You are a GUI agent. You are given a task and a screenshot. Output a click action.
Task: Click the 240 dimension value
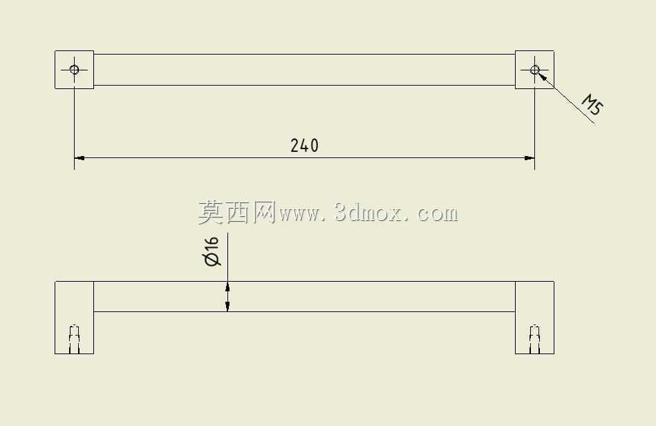pyautogui.click(x=304, y=146)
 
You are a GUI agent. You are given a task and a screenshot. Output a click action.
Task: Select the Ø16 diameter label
pyautogui.click(x=212, y=252)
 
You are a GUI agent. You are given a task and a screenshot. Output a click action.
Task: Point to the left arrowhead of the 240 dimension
pyautogui.click(x=79, y=158)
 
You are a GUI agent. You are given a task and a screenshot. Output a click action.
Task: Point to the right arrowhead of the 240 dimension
pyautogui.click(x=530, y=158)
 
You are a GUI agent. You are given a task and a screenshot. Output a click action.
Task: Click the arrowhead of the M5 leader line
pyautogui.click(x=542, y=76)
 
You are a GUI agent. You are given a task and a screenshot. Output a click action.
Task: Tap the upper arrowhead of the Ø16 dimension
pyautogui.click(x=227, y=287)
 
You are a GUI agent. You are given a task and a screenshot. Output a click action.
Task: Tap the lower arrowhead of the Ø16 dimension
pyautogui.click(x=227, y=306)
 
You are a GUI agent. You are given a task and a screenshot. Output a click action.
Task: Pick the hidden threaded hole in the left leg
pyautogui.click(x=75, y=339)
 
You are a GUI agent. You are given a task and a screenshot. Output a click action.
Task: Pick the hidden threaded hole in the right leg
pyautogui.click(x=534, y=339)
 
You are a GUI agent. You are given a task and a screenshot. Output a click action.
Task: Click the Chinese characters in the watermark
pyautogui.click(x=237, y=212)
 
